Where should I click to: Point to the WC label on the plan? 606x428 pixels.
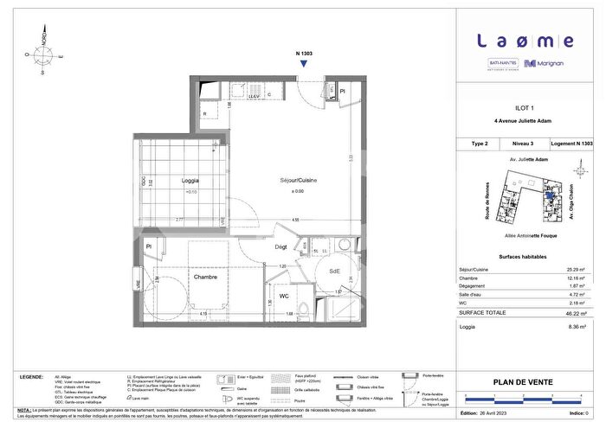pos(284,297)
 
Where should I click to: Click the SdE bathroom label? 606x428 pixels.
pos(333,272)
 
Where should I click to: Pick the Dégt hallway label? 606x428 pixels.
pos(280,247)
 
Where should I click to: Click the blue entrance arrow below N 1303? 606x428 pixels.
pos(304,66)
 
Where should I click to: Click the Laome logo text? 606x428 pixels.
pos(525,41)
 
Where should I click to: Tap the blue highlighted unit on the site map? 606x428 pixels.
pos(548,195)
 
